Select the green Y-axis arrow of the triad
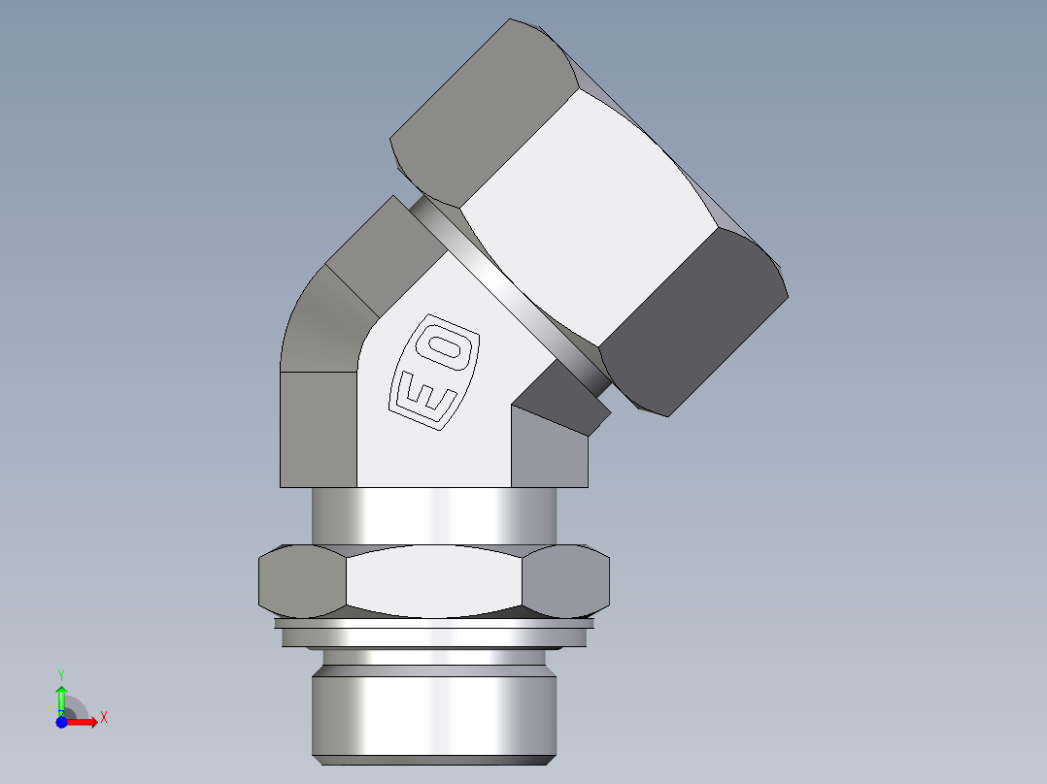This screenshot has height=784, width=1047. (x=61, y=697)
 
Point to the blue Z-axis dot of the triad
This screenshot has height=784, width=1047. (x=61, y=721)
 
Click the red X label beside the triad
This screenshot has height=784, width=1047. (x=103, y=718)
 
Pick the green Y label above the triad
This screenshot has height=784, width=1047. (x=60, y=672)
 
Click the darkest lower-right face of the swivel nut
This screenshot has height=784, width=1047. (x=690, y=320)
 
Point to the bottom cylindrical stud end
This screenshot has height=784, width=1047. (x=434, y=713)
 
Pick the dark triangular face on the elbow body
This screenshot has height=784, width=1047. (x=558, y=398)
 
